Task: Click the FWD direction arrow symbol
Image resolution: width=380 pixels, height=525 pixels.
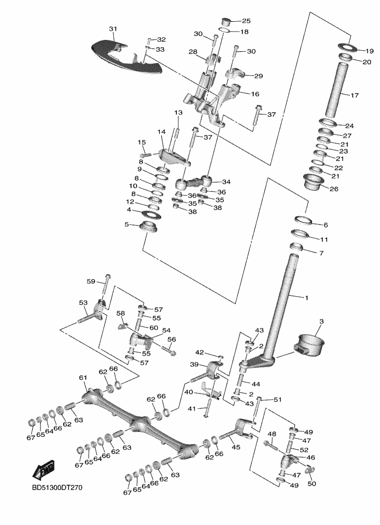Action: point(43,470)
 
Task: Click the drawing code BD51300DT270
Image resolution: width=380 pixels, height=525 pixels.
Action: point(57,488)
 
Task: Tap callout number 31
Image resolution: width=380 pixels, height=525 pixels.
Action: point(113,29)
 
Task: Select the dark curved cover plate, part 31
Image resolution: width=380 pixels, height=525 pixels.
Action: point(127,58)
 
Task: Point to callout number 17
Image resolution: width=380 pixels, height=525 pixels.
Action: point(354,96)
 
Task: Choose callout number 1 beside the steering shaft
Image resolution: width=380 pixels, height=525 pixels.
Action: point(306,298)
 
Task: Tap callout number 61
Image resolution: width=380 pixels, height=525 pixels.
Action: point(83,378)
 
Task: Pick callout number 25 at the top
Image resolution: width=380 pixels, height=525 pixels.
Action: point(246,21)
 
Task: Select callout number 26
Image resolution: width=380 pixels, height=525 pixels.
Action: point(334,189)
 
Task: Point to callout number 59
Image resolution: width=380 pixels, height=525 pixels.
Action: point(91,281)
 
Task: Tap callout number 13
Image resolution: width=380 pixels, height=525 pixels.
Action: point(178,112)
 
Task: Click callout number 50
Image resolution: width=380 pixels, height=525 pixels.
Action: point(311,484)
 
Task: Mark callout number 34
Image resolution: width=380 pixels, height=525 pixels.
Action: point(226,182)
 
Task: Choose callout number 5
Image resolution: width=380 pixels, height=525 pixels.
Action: point(127,224)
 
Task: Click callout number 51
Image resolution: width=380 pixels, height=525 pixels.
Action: point(277,399)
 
